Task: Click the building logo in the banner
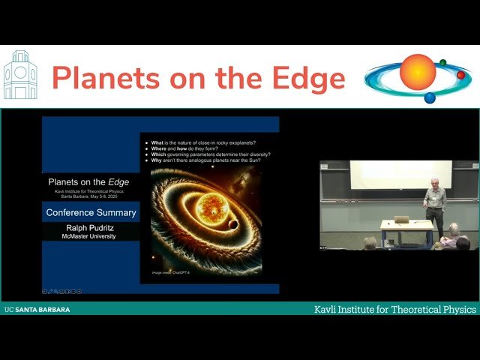(20, 76)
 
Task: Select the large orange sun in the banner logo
(418, 72)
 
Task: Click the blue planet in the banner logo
(430, 97)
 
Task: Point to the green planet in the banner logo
(442, 63)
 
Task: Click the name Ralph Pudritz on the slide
(91, 226)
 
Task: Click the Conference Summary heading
(91, 212)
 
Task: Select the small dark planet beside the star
(234, 224)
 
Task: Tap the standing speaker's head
(433, 182)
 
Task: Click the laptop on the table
(401, 220)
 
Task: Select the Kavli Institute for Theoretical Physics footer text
(395, 310)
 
